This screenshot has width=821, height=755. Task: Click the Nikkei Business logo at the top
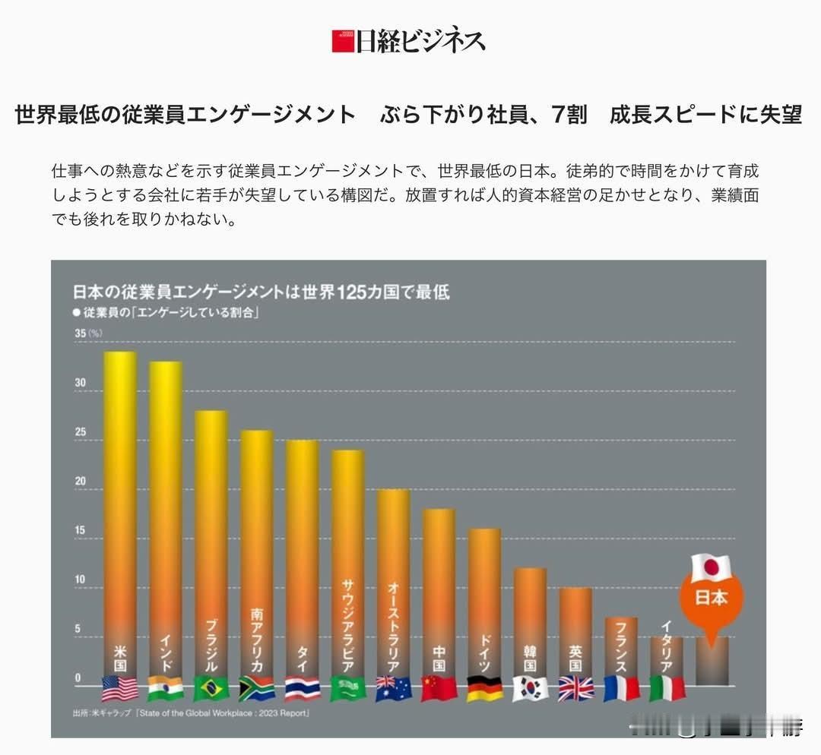(408, 40)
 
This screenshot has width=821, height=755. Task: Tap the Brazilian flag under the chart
(211, 688)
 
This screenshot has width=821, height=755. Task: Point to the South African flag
(256, 688)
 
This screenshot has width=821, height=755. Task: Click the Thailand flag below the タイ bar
(302, 688)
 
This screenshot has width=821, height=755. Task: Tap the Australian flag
(394, 688)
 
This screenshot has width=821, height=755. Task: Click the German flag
(484, 688)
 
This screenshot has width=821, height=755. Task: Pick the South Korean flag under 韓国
(530, 688)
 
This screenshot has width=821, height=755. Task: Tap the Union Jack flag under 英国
(575, 688)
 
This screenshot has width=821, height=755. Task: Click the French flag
(621, 688)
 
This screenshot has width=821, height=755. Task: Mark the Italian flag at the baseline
(667, 688)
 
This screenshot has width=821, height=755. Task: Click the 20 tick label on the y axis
(81, 482)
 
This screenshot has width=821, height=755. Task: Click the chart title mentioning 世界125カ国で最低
(261, 292)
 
